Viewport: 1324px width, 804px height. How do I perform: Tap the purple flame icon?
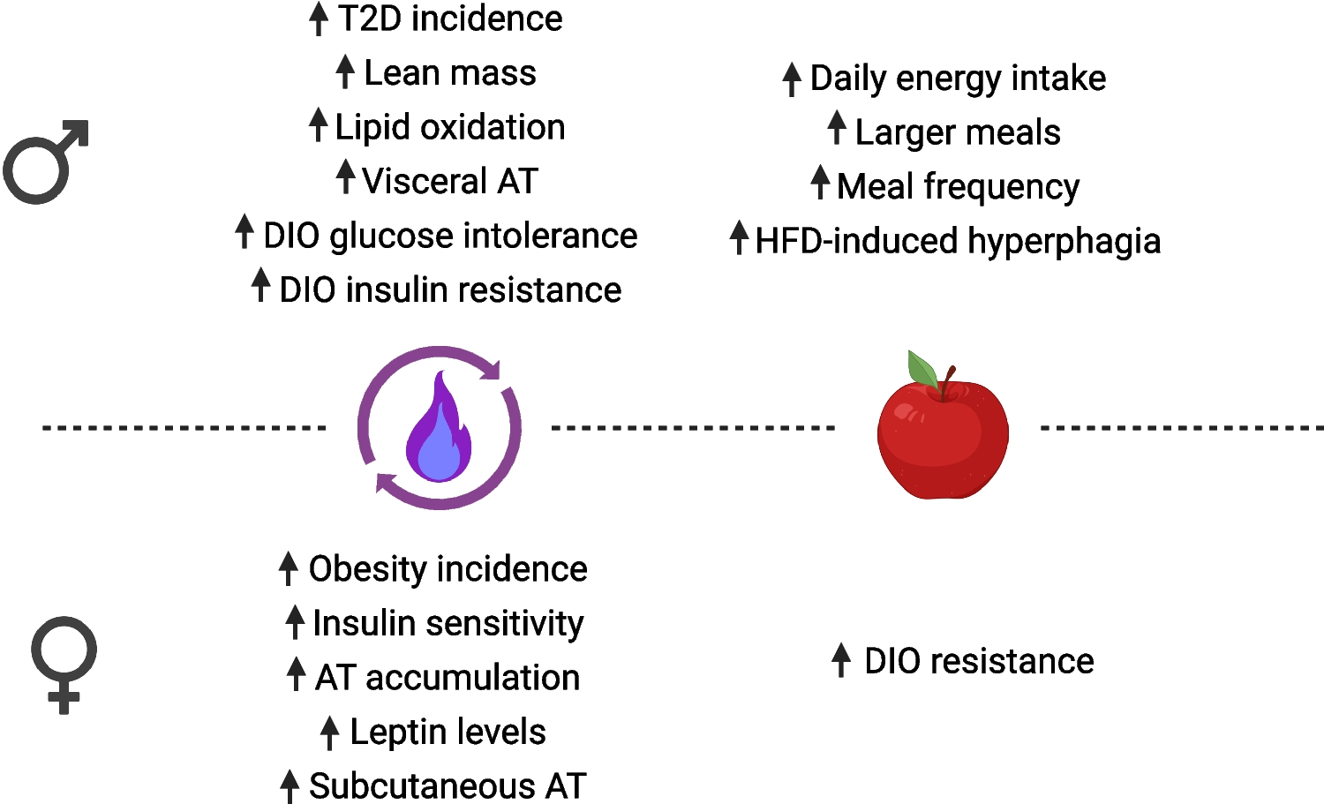click(x=439, y=429)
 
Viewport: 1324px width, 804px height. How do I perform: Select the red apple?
click(x=943, y=436)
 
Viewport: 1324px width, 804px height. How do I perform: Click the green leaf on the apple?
click(x=922, y=370)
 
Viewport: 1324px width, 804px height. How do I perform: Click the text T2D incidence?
click(x=450, y=19)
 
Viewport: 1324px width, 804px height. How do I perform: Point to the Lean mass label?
click(x=450, y=73)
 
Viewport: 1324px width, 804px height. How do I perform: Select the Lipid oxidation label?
click(x=450, y=128)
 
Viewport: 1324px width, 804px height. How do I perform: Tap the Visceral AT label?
click(x=450, y=182)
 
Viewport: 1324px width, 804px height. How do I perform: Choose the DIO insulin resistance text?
click(x=450, y=290)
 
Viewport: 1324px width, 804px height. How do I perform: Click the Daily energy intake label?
click(x=958, y=79)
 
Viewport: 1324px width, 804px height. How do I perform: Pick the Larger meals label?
click(x=958, y=132)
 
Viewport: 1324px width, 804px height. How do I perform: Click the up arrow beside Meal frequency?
click(x=820, y=183)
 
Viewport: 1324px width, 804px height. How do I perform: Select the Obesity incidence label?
click(x=448, y=569)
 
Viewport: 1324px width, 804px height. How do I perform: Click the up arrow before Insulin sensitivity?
click(x=295, y=622)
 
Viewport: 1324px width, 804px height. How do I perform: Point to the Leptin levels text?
click(x=448, y=733)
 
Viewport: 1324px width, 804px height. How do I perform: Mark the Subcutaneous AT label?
click(x=448, y=786)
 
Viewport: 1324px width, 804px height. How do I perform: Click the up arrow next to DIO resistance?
click(x=841, y=660)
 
